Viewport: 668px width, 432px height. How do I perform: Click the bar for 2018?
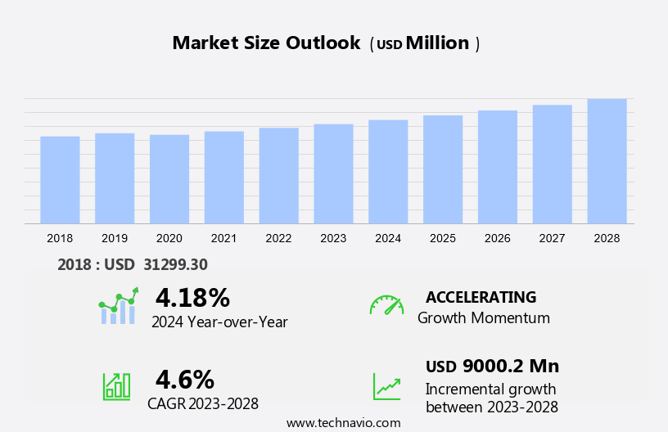[x=60, y=180]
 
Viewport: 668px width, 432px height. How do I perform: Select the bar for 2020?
[x=169, y=179]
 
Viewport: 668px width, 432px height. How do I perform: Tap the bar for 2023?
[x=333, y=173]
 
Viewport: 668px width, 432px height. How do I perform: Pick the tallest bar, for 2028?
[x=607, y=161]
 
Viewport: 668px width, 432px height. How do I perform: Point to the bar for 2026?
[x=498, y=167]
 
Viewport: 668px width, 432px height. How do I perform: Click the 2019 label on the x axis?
[x=115, y=238]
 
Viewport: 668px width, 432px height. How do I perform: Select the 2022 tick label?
[x=278, y=238]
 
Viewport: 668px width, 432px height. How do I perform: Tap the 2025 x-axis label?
[x=443, y=238]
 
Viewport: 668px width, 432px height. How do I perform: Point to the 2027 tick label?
[x=552, y=238]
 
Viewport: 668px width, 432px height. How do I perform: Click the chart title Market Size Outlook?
[x=266, y=43]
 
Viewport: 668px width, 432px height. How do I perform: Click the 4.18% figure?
[x=192, y=297]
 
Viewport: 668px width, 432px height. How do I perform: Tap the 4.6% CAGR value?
[x=185, y=379]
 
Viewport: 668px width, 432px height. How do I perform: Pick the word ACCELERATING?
[x=481, y=297]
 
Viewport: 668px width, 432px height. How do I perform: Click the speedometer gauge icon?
[x=386, y=305]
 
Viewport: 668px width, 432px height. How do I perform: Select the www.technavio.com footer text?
[x=344, y=423]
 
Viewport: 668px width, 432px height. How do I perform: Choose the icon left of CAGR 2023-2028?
[x=116, y=385]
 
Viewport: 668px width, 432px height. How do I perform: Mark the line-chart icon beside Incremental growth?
[x=386, y=386]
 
